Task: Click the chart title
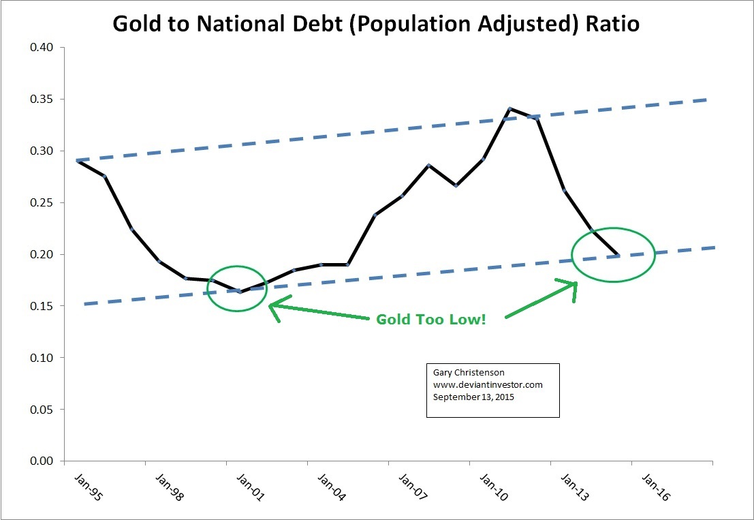376,23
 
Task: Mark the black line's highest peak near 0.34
509,108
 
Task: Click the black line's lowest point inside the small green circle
240,292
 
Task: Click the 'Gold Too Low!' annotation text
430,319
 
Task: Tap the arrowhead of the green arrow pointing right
574,285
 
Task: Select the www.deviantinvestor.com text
488,384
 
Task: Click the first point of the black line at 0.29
77,161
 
